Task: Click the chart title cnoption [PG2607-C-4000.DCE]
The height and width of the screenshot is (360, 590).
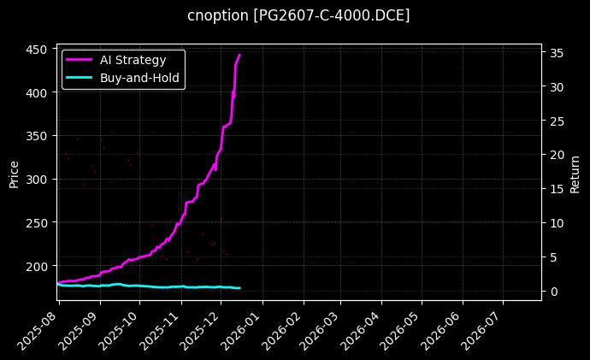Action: click(x=298, y=15)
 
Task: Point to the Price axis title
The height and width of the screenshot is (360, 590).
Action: click(x=14, y=173)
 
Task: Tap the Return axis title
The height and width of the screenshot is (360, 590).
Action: click(x=575, y=173)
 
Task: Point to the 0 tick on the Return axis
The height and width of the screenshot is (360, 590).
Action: click(x=552, y=291)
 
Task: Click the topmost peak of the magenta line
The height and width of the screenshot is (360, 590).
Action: click(x=239, y=55)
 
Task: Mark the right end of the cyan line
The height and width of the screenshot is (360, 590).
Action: click(x=240, y=288)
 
